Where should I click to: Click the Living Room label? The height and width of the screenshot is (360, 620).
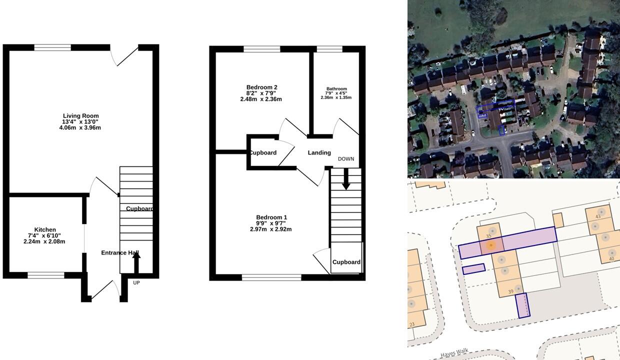click(80, 116)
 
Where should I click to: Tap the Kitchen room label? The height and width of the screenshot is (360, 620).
click(45, 230)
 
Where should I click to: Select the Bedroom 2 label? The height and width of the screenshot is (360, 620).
click(261, 87)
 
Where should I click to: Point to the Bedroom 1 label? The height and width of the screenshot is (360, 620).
click(271, 217)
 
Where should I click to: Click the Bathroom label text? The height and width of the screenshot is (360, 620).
click(336, 89)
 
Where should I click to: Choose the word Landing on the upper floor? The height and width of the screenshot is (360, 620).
click(319, 153)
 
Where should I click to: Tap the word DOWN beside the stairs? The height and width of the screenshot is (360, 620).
click(345, 159)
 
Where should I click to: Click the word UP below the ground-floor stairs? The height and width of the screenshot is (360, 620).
click(136, 282)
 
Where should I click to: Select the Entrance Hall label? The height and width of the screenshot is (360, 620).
click(120, 253)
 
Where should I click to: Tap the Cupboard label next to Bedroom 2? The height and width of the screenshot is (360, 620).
click(263, 153)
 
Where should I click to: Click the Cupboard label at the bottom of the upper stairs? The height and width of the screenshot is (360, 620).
click(346, 262)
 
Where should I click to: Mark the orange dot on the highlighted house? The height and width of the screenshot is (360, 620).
click(491, 245)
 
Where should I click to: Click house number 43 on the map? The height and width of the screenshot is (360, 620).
click(598, 216)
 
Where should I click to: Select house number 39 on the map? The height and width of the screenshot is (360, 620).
click(510, 291)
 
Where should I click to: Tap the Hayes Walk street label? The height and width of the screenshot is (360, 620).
click(454, 353)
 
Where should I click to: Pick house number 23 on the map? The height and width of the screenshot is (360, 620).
click(411, 324)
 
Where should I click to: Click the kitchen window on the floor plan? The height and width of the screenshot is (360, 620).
click(46, 275)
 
